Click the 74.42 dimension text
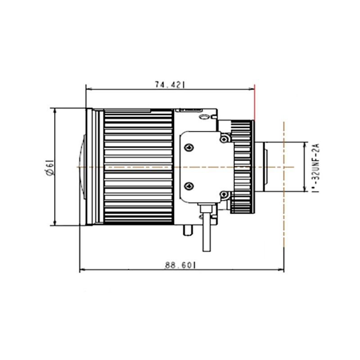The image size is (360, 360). click(x=170, y=85)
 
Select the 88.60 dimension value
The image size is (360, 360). click(x=180, y=265)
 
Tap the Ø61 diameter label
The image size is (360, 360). click(x=50, y=168)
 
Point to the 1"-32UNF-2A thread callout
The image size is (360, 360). click(x=316, y=168)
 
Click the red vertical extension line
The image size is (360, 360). click(x=254, y=103)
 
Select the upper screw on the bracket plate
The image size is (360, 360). click(x=189, y=148)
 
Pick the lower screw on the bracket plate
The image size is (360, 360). click(x=189, y=186)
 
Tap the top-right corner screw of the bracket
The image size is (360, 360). click(x=224, y=139)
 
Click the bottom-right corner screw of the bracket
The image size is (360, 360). click(x=224, y=195)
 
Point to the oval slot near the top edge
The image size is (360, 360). click(x=204, y=117)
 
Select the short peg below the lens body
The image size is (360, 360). click(x=188, y=230)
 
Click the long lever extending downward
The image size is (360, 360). click(x=207, y=232)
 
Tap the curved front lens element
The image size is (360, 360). click(x=83, y=167)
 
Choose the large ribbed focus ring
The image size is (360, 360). click(x=139, y=166)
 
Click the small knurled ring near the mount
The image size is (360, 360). click(x=243, y=167)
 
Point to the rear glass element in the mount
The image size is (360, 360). click(x=266, y=167)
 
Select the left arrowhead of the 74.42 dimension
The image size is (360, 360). click(x=89, y=89)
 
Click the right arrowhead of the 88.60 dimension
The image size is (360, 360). click(x=281, y=270)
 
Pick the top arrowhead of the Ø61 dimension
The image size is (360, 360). click(x=54, y=111)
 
